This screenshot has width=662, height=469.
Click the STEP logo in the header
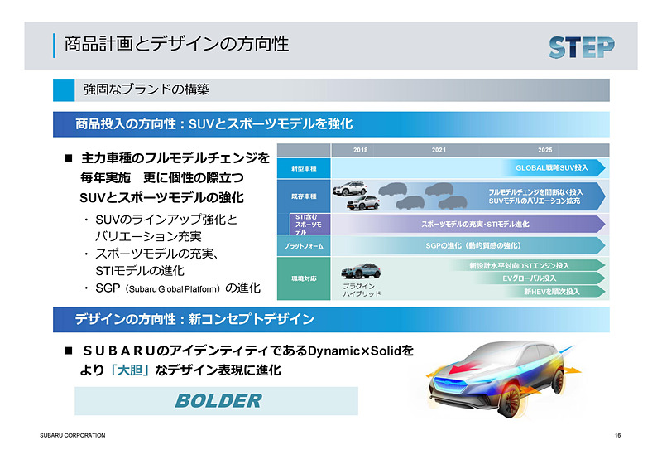click(x=581, y=46)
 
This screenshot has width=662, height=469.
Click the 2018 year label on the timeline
click(x=360, y=150)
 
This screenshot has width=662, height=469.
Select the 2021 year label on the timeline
click(x=439, y=150)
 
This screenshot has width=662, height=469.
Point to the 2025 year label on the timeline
click(x=543, y=150)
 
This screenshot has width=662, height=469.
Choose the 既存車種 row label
click(x=303, y=196)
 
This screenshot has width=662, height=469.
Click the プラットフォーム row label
click(x=303, y=246)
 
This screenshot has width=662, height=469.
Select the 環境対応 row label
click(x=303, y=279)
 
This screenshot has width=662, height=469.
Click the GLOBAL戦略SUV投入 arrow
click(x=553, y=168)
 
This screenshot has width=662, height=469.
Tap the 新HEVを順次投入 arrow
click(x=551, y=292)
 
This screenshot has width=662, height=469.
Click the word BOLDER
click(x=218, y=401)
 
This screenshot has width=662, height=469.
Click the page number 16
click(x=618, y=435)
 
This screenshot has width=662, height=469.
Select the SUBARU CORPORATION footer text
click(x=73, y=435)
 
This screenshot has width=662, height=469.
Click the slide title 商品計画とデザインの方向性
click(x=177, y=43)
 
